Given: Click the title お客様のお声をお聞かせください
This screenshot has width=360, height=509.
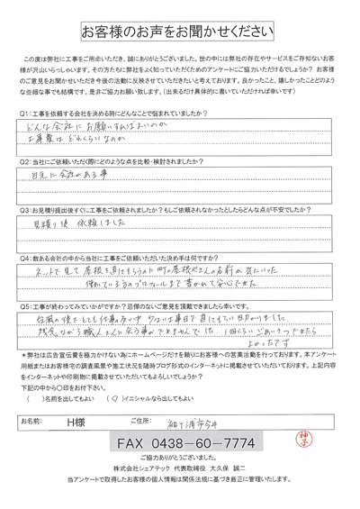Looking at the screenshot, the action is (x=180, y=32).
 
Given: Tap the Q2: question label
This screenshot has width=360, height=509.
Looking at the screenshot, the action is (x=26, y=159).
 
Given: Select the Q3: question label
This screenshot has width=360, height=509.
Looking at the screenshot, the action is (x=26, y=206).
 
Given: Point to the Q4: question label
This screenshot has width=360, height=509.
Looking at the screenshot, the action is (x=26, y=255).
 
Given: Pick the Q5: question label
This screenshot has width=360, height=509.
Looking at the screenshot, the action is (x=26, y=304).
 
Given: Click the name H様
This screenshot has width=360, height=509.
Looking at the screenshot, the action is (x=87, y=419).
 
